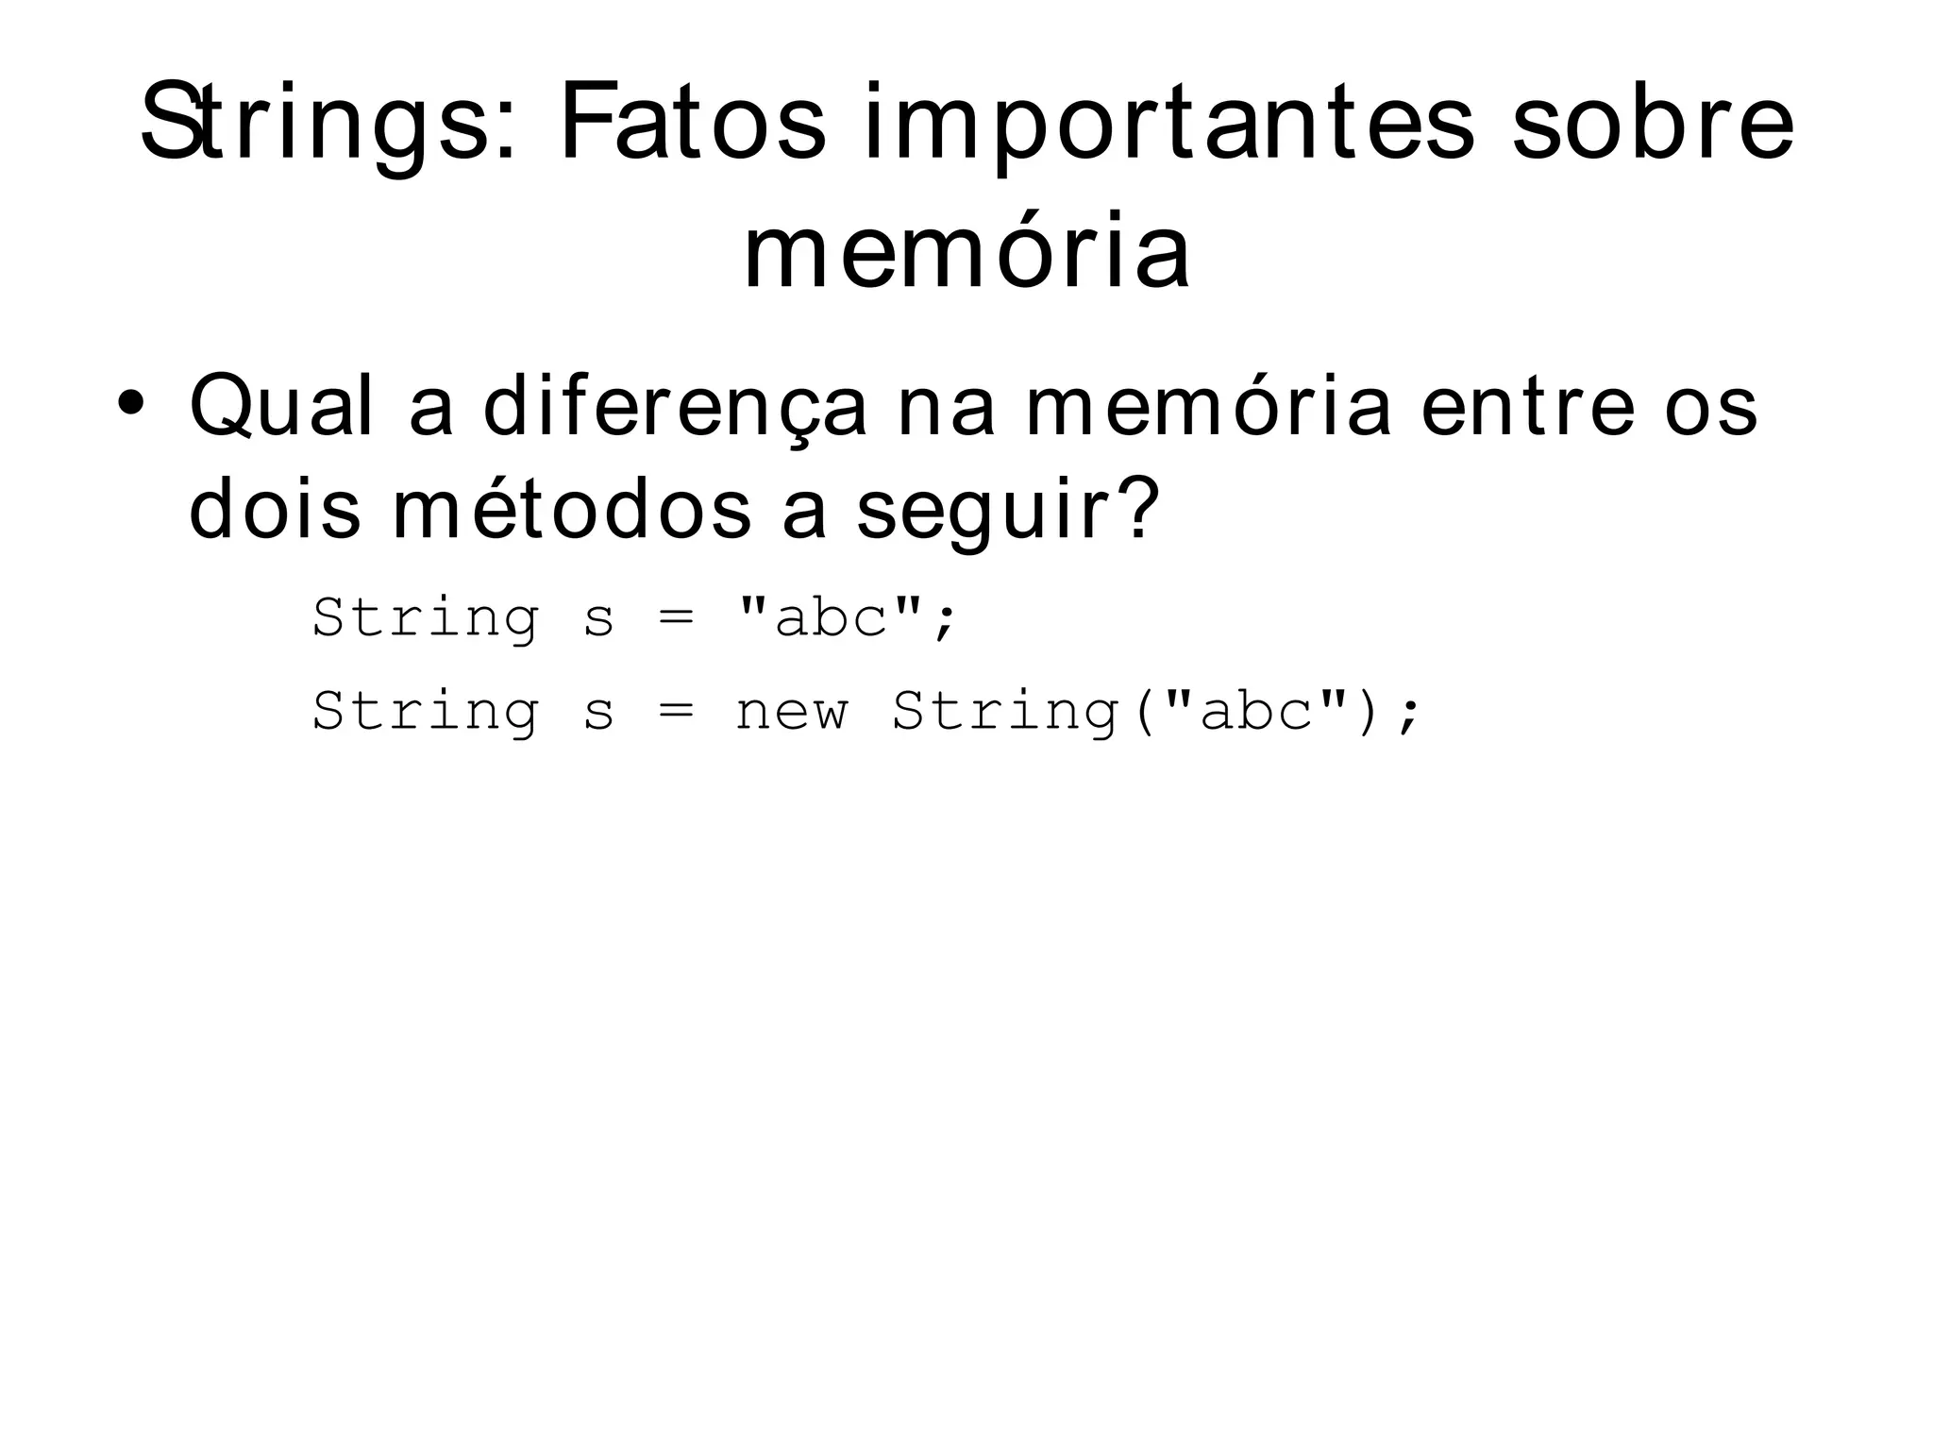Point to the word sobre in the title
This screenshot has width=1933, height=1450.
pyautogui.click(x=1652, y=123)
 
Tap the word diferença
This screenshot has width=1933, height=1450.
pyautogui.click(x=674, y=408)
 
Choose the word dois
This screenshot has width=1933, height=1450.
pyautogui.click(x=275, y=510)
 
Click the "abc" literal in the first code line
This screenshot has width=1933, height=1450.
pyautogui.click(x=832, y=618)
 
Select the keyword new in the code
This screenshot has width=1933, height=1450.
pyautogui.click(x=791, y=712)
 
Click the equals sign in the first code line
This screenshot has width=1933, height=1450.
pyautogui.click(x=675, y=619)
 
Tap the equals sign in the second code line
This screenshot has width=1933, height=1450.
pyautogui.click(x=675, y=712)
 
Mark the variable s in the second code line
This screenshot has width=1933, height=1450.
pyautogui.click(x=598, y=713)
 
